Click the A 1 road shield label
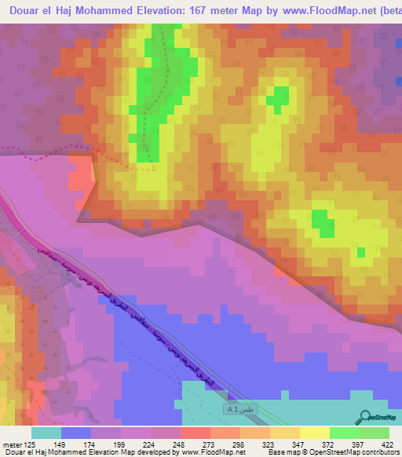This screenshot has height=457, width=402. click(232, 409)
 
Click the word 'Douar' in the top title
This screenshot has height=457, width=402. click(26, 10)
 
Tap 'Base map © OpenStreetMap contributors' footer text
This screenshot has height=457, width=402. click(330, 452)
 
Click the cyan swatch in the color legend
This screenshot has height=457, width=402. click(46, 433)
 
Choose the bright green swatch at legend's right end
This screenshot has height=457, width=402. click(374, 433)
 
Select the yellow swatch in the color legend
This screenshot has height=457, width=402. click(314, 433)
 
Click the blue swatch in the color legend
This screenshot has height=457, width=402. click(76, 433)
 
